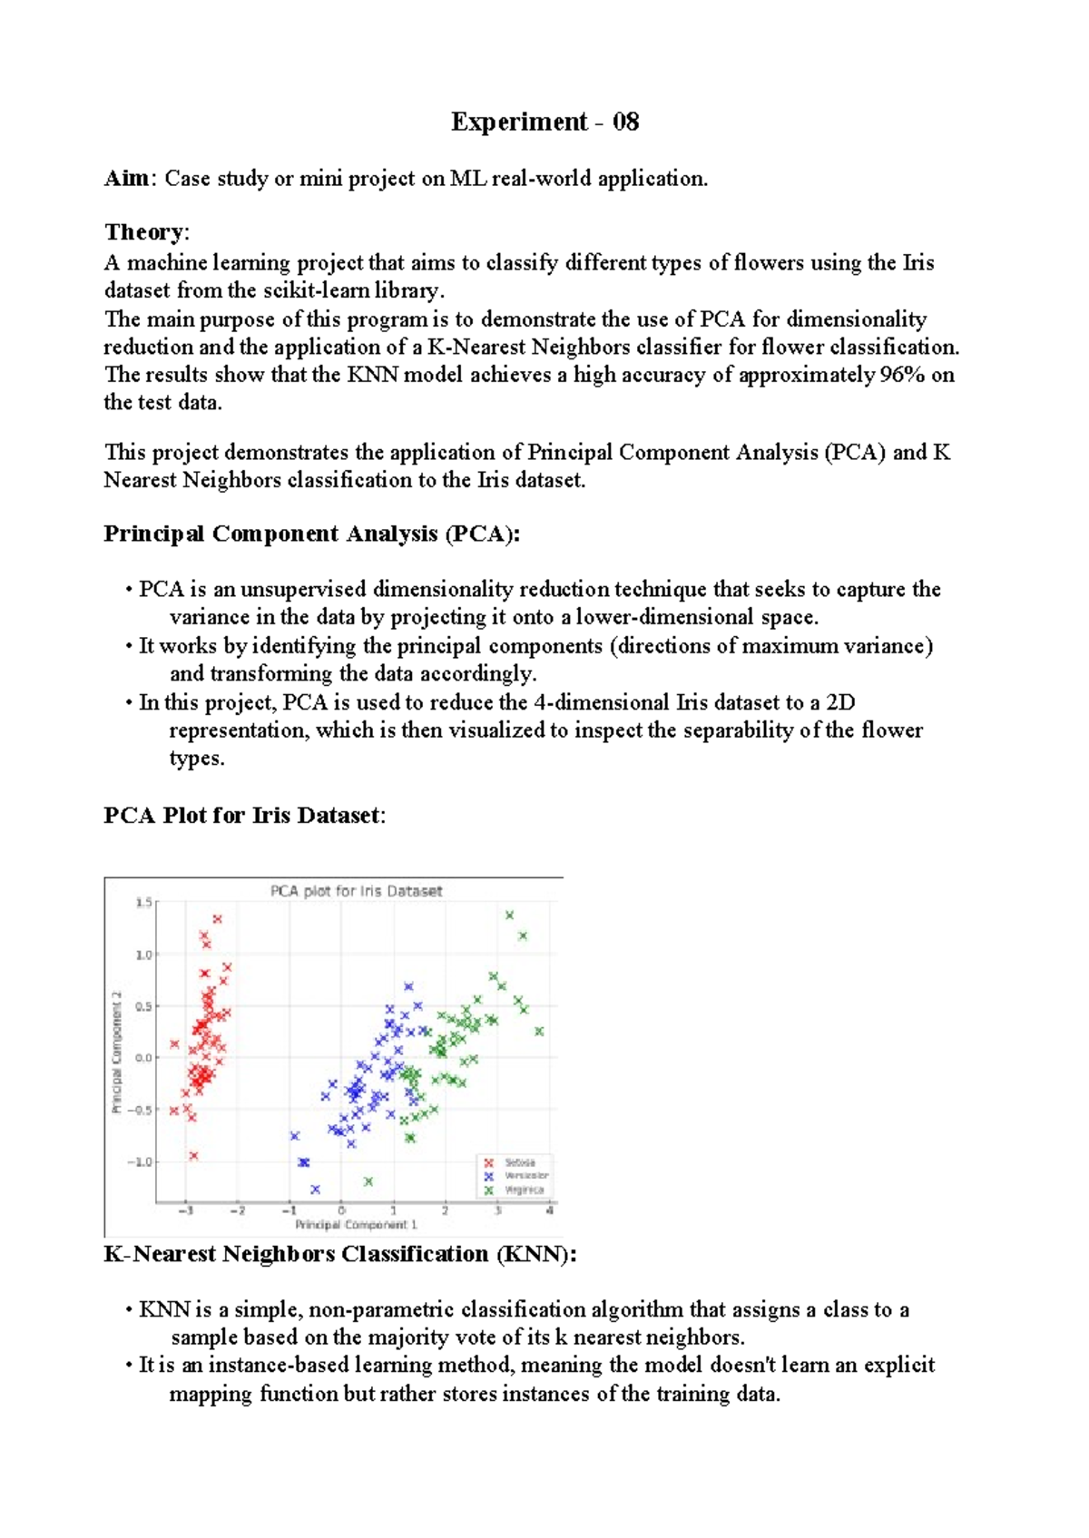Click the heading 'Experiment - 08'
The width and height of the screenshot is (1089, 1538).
click(544, 122)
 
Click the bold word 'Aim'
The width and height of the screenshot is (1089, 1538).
click(126, 179)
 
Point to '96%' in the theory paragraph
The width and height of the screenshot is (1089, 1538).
click(902, 375)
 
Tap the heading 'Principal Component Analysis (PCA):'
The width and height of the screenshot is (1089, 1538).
click(311, 534)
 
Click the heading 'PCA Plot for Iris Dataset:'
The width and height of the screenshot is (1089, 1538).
click(244, 815)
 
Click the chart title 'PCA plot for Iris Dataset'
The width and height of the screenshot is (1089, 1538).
click(356, 891)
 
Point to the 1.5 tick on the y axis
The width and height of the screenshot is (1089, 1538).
click(143, 902)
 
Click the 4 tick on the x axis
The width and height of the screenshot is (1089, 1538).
click(550, 1210)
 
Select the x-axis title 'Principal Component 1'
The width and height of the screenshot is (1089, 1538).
click(356, 1224)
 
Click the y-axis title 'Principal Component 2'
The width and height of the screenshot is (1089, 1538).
click(116, 1052)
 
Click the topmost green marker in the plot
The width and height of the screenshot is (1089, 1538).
click(510, 916)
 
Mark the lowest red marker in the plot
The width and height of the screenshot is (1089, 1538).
click(193, 1156)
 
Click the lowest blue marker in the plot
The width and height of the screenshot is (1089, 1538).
click(316, 1189)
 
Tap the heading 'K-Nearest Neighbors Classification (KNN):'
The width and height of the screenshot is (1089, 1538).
click(340, 1254)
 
